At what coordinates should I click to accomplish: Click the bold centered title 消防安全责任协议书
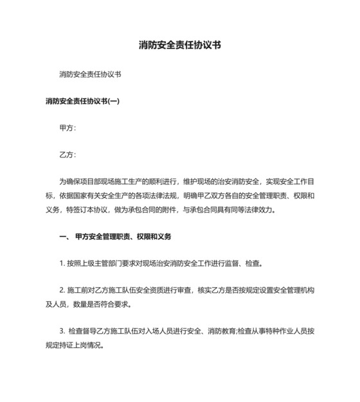pyautogui.click(x=180, y=46)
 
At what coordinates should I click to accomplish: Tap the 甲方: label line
pyautogui.click(x=67, y=128)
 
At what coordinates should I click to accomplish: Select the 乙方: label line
pyautogui.click(x=67, y=155)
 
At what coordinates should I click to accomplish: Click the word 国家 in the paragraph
pyautogui.click(x=89, y=195)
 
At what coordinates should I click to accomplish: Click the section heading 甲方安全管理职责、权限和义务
pyautogui.click(x=123, y=236)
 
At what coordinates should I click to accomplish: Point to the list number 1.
pyautogui.click(x=60, y=263)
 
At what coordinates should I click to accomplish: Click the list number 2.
pyautogui.click(x=60, y=290)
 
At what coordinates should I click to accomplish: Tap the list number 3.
pyautogui.click(x=60, y=331)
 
